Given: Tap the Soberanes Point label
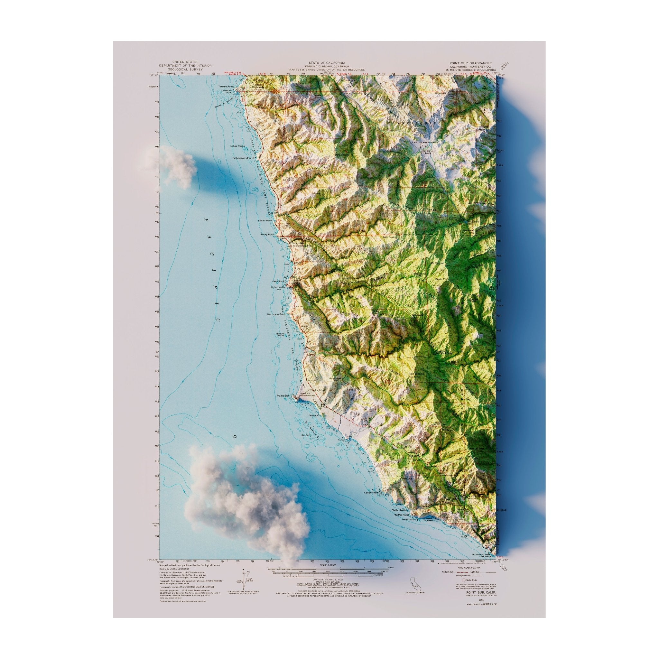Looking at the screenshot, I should (x=244, y=158).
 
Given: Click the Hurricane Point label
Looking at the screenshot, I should (x=276, y=314).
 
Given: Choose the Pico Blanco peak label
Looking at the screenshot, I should (x=416, y=374).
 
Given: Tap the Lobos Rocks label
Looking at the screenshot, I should (x=238, y=146).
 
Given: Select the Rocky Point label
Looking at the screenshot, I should (x=267, y=235).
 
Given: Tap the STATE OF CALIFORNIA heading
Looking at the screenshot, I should (x=326, y=63).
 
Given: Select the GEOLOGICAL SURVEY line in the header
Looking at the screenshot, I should (x=185, y=69).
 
